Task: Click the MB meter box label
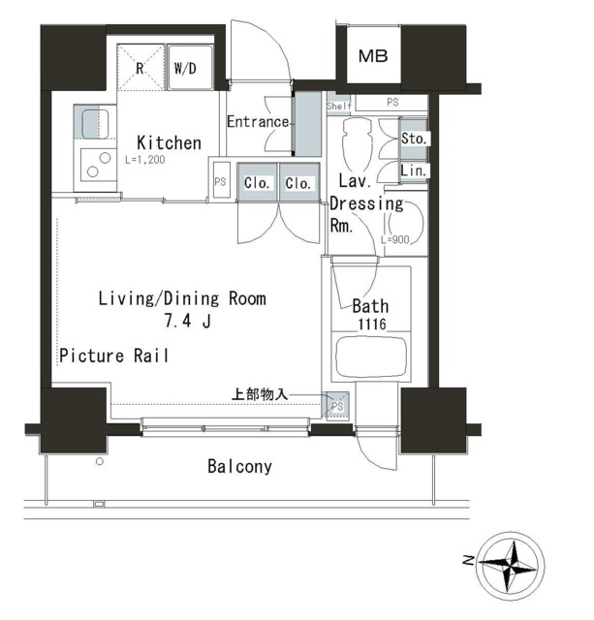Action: tap(373, 56)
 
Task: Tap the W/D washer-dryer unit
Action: tap(190, 68)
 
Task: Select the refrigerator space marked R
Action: tap(141, 67)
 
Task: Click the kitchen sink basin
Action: tap(95, 123)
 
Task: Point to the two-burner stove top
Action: tap(99, 165)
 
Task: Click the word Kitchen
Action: tap(169, 142)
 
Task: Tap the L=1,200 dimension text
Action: tap(145, 160)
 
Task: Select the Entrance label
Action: tap(258, 121)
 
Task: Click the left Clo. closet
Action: tap(257, 183)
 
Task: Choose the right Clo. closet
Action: tap(299, 183)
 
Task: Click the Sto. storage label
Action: tap(414, 139)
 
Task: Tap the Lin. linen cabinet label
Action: tap(413, 170)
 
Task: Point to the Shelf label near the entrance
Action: tap(339, 106)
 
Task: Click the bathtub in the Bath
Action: tap(371, 356)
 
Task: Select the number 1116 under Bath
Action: tap(372, 325)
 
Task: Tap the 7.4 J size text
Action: tap(187, 321)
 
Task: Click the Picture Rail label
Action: tap(114, 356)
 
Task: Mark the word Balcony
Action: tap(239, 467)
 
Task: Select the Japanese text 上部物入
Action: tap(260, 394)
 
